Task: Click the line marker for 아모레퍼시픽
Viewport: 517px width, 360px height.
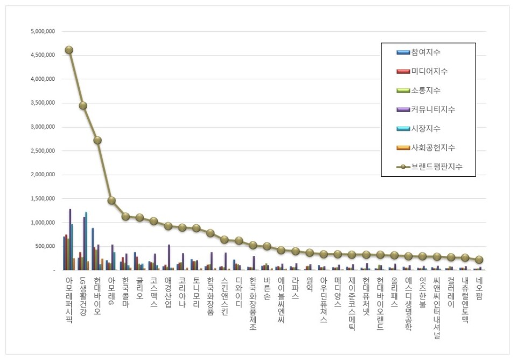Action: (68, 50)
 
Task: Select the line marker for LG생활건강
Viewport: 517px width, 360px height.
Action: (82, 106)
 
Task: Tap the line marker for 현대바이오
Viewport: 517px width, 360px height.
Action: (97, 140)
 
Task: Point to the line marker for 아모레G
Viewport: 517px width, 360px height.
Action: (111, 200)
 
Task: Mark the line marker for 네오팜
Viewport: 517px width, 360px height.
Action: (479, 260)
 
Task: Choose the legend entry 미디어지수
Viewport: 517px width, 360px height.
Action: (429, 71)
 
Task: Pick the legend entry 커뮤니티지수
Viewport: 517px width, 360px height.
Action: (433, 109)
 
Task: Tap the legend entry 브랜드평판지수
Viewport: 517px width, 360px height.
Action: (436, 167)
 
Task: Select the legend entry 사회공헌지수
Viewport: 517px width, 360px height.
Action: (433, 147)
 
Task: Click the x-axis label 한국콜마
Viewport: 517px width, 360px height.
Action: (125, 293)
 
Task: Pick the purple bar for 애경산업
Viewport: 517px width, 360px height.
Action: (169, 257)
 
